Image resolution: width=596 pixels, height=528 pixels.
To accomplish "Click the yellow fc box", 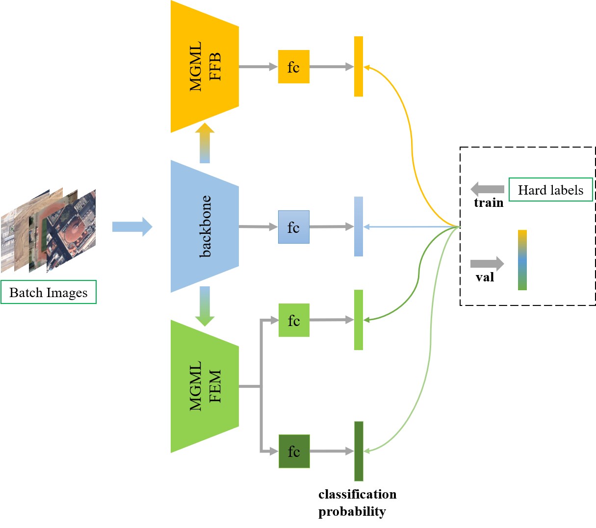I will (x=293, y=67).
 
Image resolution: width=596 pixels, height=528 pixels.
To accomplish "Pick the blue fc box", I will (x=293, y=227).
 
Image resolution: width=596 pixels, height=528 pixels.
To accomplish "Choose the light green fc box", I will (x=294, y=320).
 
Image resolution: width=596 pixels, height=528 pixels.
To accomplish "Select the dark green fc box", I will (x=294, y=451).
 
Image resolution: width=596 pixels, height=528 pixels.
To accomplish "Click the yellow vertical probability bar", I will (x=359, y=66).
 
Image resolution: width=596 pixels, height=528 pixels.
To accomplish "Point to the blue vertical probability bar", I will (x=359, y=226).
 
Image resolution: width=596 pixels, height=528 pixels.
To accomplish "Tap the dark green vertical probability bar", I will (x=359, y=451).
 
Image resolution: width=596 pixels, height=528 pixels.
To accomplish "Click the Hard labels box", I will (x=550, y=190).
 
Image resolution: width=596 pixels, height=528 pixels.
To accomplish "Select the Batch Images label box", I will (x=49, y=292).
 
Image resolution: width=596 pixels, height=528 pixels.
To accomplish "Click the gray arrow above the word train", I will (x=487, y=189).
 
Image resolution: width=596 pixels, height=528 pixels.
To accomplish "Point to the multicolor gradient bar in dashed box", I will (x=522, y=260).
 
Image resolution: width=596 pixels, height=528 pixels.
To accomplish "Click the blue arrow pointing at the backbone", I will (x=132, y=226).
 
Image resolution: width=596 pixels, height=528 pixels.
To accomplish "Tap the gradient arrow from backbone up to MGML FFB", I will (x=205, y=143).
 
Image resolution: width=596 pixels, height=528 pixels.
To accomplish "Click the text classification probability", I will (x=357, y=503).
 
